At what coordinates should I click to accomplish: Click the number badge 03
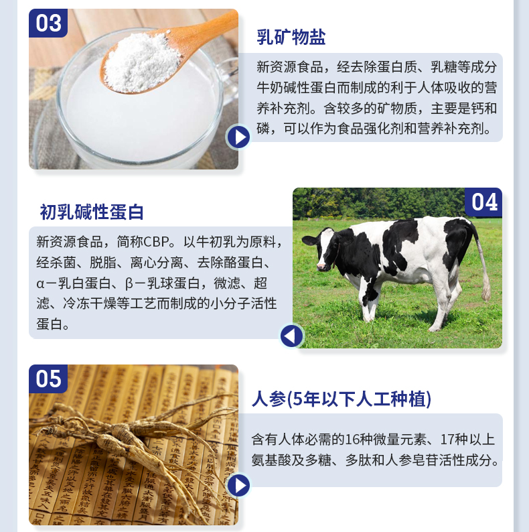[x=48, y=23]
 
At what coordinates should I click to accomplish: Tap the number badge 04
[x=484, y=202]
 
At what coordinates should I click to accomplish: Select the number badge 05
[x=48, y=379]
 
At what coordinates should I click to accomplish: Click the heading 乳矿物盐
[x=291, y=37]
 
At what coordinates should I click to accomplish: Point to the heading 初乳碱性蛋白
[x=92, y=212]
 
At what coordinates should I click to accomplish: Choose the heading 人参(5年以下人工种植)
[x=342, y=399]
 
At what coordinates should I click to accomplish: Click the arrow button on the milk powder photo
[x=238, y=137]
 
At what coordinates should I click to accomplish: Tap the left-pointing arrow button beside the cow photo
[x=291, y=335]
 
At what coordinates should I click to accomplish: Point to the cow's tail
[x=483, y=268]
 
